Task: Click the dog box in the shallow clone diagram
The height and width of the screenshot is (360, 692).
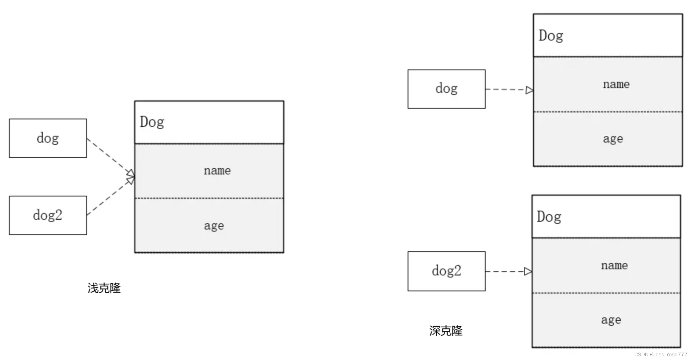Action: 48,138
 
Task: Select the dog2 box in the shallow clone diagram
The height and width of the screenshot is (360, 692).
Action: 48,216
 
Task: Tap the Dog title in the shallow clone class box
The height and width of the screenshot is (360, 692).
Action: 152,122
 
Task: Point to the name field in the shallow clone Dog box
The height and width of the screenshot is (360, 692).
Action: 217,171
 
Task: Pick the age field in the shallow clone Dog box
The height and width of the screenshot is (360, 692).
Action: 214,226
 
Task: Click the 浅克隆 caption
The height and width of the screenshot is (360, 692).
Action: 104,288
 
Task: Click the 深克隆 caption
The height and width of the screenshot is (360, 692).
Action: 446,331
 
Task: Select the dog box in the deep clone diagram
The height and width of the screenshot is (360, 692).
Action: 446,89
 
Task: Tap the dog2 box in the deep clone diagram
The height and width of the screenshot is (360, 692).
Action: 446,271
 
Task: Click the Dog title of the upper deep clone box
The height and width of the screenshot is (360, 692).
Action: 551,36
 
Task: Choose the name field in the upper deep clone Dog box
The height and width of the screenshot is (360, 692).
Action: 616,84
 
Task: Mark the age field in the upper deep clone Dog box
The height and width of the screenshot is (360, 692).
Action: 613,139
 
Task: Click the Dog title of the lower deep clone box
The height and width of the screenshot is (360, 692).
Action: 549,217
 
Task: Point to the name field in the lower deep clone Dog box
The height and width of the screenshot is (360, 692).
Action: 614,265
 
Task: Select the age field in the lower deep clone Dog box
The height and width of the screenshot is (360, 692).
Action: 611,320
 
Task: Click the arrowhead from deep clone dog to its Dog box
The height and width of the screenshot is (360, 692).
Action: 529,90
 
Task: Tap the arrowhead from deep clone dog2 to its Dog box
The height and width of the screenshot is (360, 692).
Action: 528,272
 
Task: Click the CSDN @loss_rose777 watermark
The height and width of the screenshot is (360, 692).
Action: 661,354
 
